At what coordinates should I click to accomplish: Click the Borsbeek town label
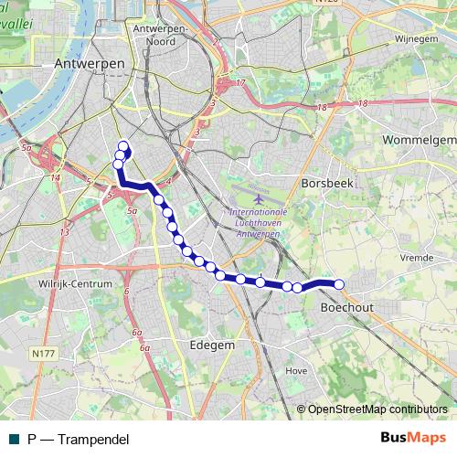[x=326, y=182]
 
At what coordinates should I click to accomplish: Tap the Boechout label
[x=347, y=309]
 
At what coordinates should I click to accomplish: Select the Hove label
[x=296, y=371]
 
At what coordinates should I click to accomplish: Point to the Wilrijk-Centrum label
[x=75, y=284]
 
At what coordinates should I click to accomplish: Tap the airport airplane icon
[x=259, y=197]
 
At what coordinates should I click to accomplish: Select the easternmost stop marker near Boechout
[x=339, y=284]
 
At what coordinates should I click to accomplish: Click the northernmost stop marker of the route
[x=123, y=145]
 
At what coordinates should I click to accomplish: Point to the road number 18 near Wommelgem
[x=364, y=103]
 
